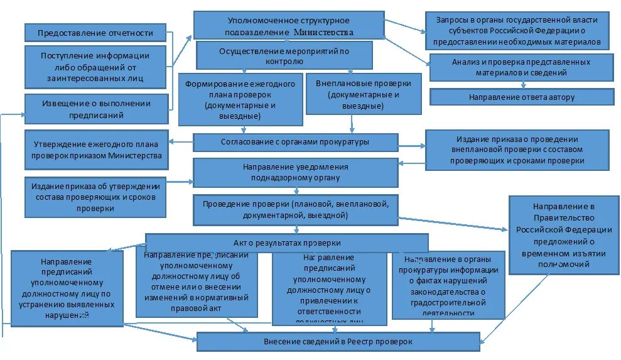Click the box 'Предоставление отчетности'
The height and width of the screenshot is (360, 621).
point(95,33)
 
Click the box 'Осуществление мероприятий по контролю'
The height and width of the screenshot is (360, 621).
point(284,55)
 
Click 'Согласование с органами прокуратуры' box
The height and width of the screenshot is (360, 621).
point(295,142)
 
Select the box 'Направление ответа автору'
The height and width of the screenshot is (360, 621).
point(521,97)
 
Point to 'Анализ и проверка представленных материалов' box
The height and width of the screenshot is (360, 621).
point(521,67)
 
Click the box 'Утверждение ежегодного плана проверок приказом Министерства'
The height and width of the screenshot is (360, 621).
point(97,150)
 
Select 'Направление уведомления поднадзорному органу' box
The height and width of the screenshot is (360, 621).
point(295,172)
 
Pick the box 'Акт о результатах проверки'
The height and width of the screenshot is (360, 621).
point(287,243)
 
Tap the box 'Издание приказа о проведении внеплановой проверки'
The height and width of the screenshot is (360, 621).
point(517,150)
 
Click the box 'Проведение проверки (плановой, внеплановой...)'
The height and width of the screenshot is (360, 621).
point(295,210)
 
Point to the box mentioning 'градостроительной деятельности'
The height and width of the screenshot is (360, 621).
point(448,285)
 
